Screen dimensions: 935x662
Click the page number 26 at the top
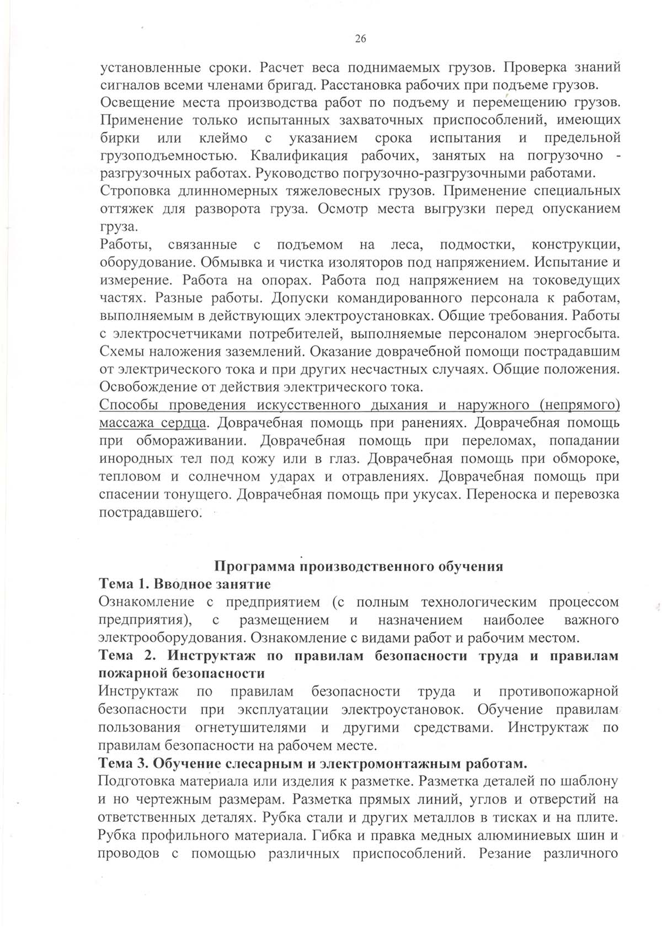[360, 39]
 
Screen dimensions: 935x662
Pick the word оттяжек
[122, 209]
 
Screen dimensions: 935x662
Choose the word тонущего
[193, 494]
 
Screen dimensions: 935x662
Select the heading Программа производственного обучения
[358, 566]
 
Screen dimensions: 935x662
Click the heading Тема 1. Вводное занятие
[184, 583]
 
